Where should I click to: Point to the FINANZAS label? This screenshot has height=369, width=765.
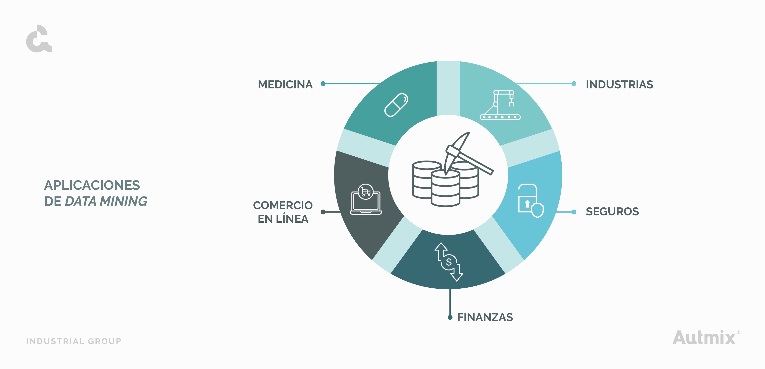tap(485, 317)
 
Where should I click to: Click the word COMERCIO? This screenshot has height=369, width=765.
tap(283, 205)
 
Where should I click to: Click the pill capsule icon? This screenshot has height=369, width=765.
tap(396, 105)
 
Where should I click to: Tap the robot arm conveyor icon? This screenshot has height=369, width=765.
tap(500, 105)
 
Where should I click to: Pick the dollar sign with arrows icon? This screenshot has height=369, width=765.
tap(449, 262)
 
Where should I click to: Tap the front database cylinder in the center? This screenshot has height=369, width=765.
tap(445, 188)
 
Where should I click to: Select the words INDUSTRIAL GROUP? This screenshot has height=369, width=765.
tap(74, 341)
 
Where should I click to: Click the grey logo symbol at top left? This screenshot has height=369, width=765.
tap(39, 39)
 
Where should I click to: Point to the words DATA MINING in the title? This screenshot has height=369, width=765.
tap(106, 201)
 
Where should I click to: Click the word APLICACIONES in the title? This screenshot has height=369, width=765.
tap(92, 185)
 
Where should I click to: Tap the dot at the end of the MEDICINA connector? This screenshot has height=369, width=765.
tap(323, 84)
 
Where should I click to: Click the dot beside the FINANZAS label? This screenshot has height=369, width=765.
tap(450, 318)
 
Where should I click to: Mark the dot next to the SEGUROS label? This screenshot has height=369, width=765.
tap(574, 212)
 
